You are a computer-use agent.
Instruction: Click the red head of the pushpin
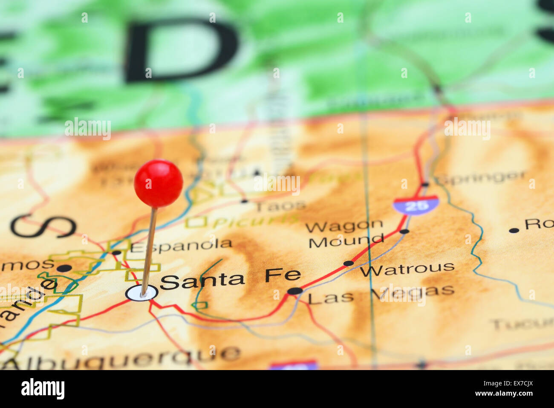pyautogui.click(x=159, y=183)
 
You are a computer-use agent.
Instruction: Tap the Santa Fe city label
pyautogui.click(x=230, y=279)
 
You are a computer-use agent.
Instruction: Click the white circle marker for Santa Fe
pyautogui.click(x=141, y=293)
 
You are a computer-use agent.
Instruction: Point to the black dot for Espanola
pyautogui.click(x=116, y=252)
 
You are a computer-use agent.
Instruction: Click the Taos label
pyautogui.click(x=280, y=206)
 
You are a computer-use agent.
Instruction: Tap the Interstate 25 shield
pyautogui.click(x=415, y=205)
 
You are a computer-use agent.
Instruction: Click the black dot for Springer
pyautogui.click(x=424, y=185)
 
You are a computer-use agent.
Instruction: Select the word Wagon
pyautogui.click(x=344, y=226)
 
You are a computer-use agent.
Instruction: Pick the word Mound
pyautogui.click(x=346, y=242)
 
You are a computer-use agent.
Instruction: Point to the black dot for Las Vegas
pyautogui.click(x=294, y=291)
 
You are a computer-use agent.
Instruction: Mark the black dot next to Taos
pyautogui.click(x=244, y=200)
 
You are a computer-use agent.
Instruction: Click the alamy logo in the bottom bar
pyautogui.click(x=43, y=389)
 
